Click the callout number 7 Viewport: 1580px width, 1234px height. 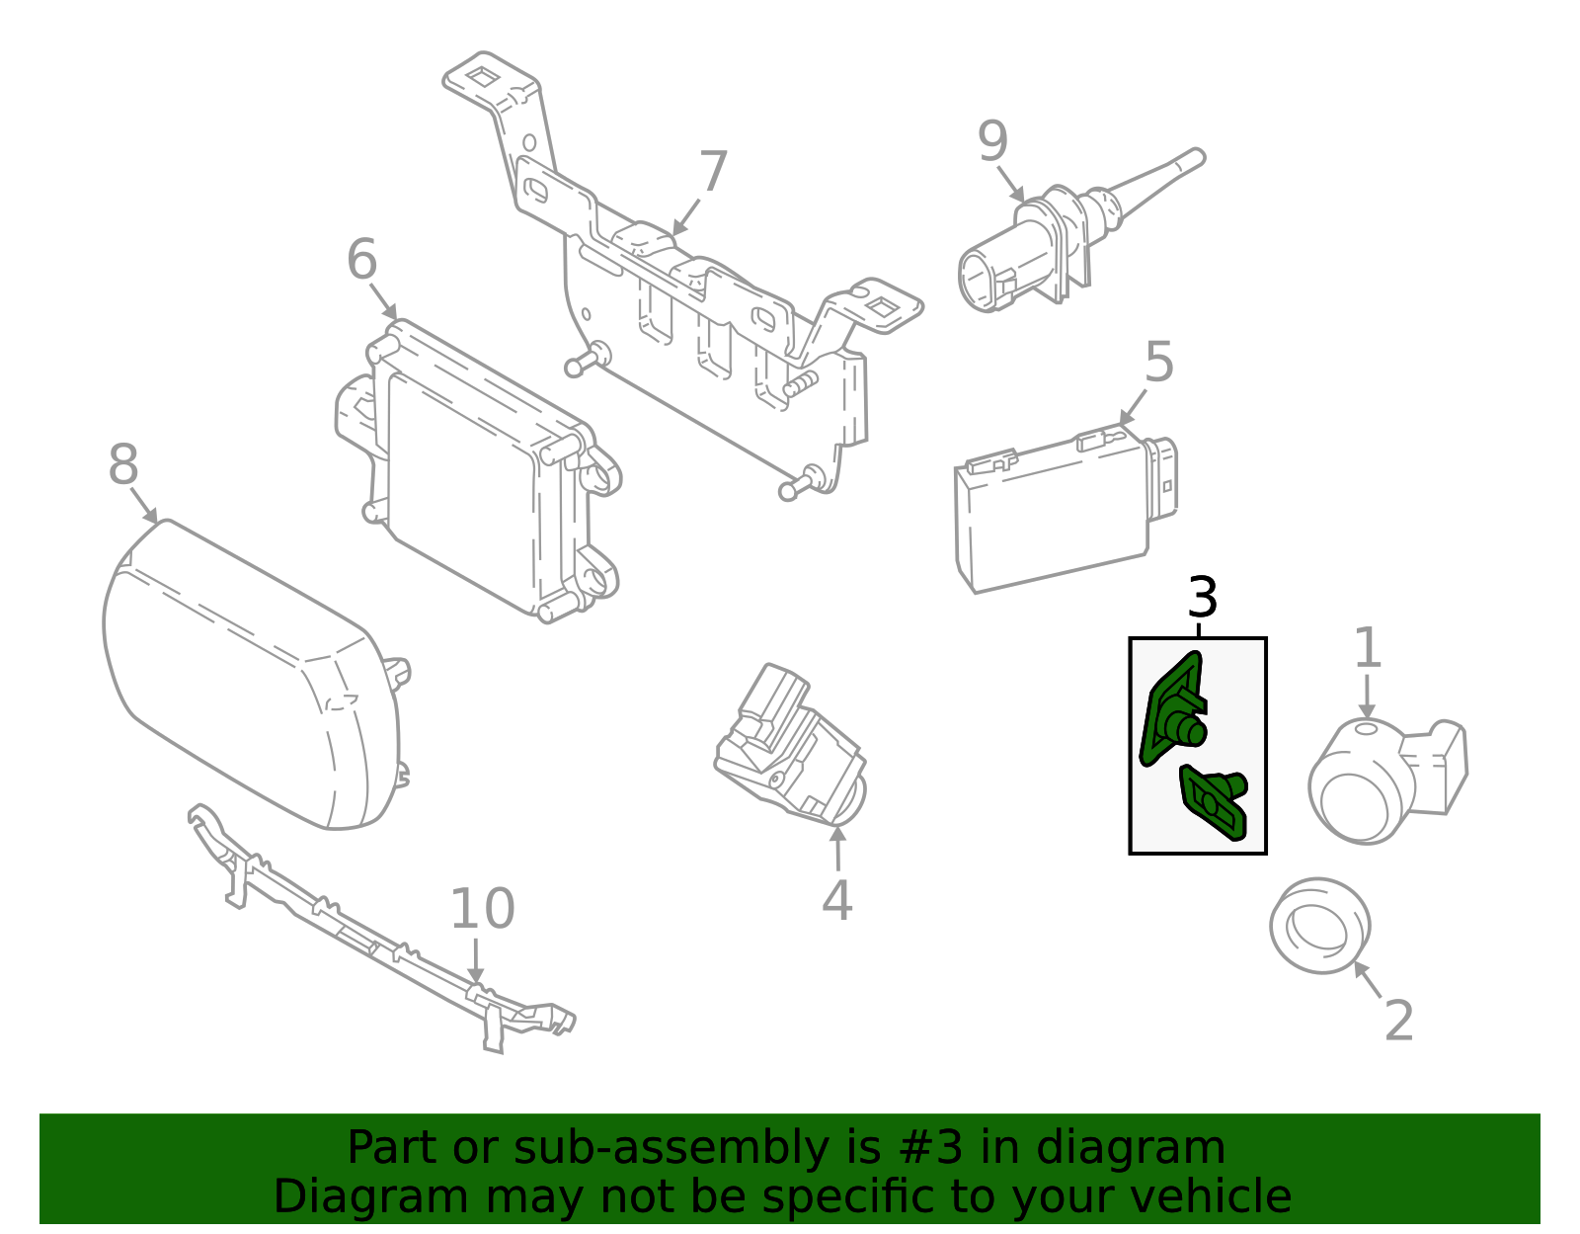[x=712, y=173]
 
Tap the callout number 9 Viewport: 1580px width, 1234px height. [x=992, y=141]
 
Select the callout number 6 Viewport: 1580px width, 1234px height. [x=361, y=260]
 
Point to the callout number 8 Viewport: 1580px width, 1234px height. [x=122, y=464]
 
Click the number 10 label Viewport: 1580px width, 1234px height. [x=482, y=909]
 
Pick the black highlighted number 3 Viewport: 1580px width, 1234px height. [x=1202, y=598]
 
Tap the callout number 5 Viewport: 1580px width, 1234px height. [x=1159, y=363]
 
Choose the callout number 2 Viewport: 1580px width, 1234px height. [x=1398, y=1021]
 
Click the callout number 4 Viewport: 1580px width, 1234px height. [x=836, y=900]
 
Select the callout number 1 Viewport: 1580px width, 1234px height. [x=1367, y=649]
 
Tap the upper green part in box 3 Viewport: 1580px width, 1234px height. [x=1172, y=713]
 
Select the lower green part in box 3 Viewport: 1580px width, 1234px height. [x=1214, y=801]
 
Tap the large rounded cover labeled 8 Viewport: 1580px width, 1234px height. [x=247, y=672]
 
